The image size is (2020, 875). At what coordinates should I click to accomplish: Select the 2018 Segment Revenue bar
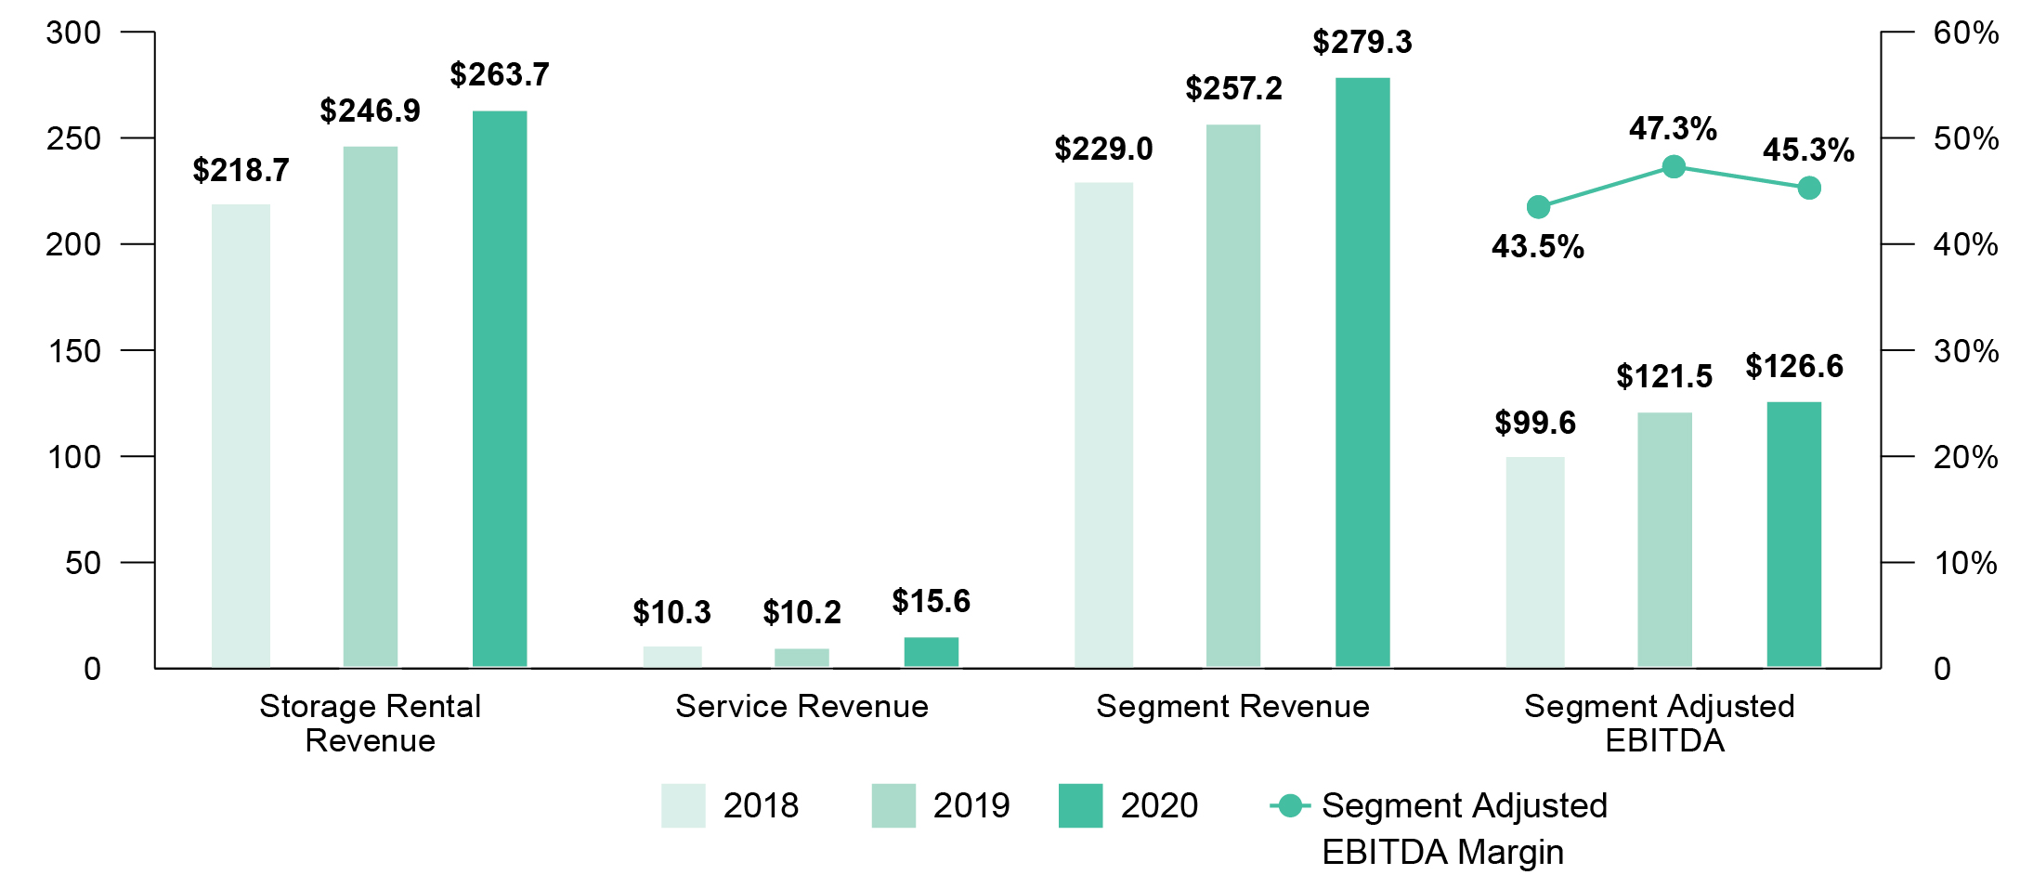click(x=1103, y=424)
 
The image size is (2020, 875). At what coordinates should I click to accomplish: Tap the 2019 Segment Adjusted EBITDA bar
click(x=1664, y=540)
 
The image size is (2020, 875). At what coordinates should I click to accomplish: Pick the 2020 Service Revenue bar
click(x=931, y=652)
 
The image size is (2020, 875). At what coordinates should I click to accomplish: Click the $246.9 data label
click(x=370, y=111)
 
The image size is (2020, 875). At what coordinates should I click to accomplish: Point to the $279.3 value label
click(x=1362, y=42)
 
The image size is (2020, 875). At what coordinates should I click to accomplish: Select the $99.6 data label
click(x=1534, y=423)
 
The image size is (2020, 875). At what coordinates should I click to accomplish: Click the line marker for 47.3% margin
click(x=1674, y=167)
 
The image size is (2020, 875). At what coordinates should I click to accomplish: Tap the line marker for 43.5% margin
click(x=1538, y=207)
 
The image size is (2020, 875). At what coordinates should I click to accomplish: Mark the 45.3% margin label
click(x=1808, y=150)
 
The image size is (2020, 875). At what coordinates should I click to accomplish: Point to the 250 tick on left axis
click(x=73, y=138)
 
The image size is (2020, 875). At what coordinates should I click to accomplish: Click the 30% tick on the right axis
click(x=1965, y=351)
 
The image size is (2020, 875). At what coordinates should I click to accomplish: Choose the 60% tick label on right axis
click(x=1965, y=33)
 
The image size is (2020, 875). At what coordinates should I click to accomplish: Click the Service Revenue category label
click(x=801, y=706)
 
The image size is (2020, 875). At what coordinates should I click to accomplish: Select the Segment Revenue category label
click(x=1232, y=706)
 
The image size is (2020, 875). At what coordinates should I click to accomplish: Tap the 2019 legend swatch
click(x=893, y=805)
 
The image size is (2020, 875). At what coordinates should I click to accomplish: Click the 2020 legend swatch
click(x=1080, y=805)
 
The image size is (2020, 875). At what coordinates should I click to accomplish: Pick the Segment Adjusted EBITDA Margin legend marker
click(x=1290, y=805)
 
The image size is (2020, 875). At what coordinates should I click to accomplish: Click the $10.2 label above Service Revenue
click(x=801, y=612)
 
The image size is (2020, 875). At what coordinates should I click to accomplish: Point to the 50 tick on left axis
click(x=83, y=563)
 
